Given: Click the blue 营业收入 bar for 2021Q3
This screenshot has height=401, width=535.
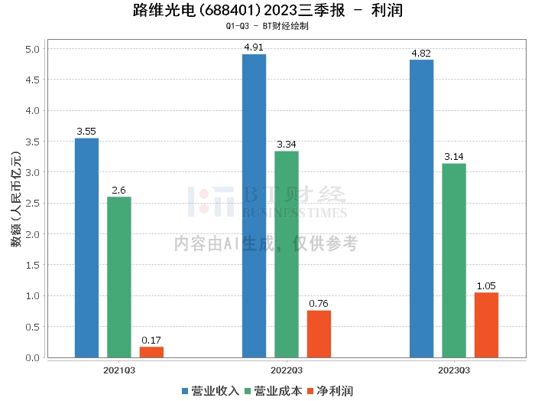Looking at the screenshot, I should tap(86, 248).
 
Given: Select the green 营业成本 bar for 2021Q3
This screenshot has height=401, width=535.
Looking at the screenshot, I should tap(119, 277).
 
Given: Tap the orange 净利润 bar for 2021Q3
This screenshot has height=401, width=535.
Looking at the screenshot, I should tap(151, 352).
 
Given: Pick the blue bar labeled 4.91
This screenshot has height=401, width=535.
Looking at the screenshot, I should tap(254, 206).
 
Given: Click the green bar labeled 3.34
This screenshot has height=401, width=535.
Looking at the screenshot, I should tap(287, 254).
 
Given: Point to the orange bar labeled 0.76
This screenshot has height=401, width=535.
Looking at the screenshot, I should tap(319, 334).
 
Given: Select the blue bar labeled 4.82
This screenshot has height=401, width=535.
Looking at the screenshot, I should tap(421, 208).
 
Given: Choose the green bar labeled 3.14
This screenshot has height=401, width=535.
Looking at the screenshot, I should tap(454, 260).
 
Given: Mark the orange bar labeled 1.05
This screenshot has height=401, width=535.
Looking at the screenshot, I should tap(486, 325).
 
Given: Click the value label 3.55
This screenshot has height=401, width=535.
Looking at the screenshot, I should tap(86, 132).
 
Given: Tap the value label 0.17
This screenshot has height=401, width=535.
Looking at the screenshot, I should tap(151, 341).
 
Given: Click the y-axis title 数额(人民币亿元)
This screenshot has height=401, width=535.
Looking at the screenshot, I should tap(15, 203).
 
